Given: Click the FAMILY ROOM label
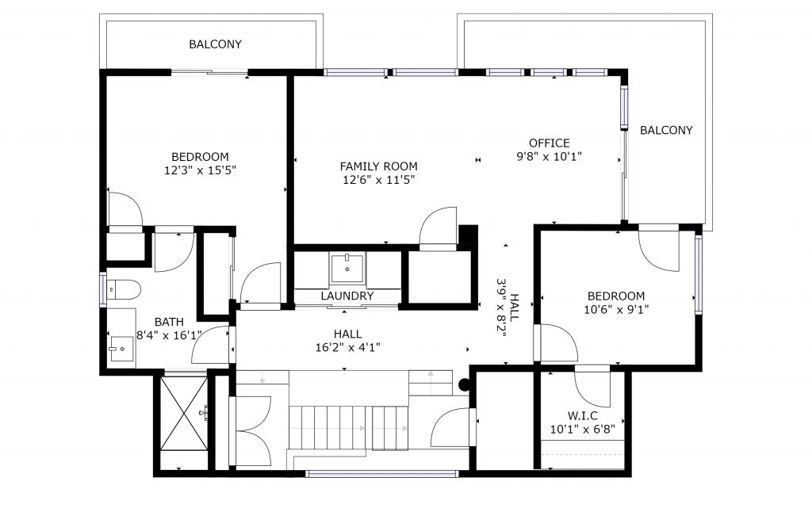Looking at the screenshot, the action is [378, 166].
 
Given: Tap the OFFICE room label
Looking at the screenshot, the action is [549, 143].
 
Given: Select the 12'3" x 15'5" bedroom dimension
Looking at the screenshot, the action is [200, 170].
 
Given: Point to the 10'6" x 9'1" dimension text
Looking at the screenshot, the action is [615, 310].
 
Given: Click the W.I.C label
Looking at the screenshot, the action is [583, 416].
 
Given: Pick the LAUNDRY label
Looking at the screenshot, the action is [347, 296].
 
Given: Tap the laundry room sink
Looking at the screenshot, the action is [347, 268].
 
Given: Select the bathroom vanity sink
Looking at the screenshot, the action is [121, 349].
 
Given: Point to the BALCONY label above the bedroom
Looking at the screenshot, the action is [215, 44].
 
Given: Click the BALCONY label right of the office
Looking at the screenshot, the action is [666, 130].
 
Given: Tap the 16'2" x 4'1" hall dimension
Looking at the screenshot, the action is [347, 347].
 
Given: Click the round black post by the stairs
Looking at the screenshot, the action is [465, 384].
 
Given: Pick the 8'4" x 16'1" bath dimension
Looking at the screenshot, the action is [169, 335].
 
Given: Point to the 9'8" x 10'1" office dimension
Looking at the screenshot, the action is [549, 156].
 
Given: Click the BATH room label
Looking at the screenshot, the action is [169, 322].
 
